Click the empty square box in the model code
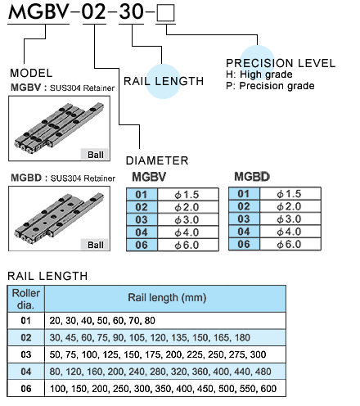click(x=165, y=13)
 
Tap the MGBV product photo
click(x=60, y=129)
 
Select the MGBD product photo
click(x=60, y=219)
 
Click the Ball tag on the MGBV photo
click(x=95, y=155)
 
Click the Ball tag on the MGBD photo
click(x=95, y=245)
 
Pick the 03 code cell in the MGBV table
click(x=142, y=219)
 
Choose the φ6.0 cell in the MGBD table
click(x=290, y=244)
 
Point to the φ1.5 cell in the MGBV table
click(x=188, y=194)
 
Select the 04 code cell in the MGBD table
click(x=244, y=232)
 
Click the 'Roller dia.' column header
click(x=26, y=299)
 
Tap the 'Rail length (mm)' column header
click(x=165, y=299)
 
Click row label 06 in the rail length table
click(x=26, y=388)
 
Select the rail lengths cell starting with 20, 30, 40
click(x=165, y=321)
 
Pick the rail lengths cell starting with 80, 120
click(x=165, y=372)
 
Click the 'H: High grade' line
click(x=259, y=74)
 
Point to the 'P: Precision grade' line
click(x=270, y=86)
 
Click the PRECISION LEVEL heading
click(x=281, y=63)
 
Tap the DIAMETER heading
click(x=157, y=160)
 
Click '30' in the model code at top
click(x=132, y=11)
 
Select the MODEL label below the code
click(x=31, y=73)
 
